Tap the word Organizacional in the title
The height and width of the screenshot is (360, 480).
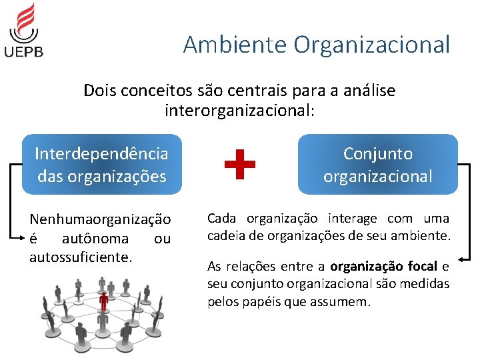pyautogui.click(x=371, y=45)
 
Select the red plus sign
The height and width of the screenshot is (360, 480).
pyautogui.click(x=240, y=165)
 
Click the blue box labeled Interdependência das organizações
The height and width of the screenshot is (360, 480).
pyautogui.click(x=101, y=165)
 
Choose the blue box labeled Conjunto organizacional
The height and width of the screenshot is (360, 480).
pyautogui.click(x=377, y=165)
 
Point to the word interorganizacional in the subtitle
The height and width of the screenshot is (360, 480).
pyautogui.click(x=239, y=109)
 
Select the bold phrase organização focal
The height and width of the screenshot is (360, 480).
pyautogui.click(x=383, y=267)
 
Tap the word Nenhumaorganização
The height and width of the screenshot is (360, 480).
pyautogui.click(x=100, y=219)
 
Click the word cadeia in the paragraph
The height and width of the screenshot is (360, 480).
pyautogui.click(x=225, y=235)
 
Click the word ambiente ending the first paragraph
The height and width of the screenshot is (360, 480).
pyautogui.click(x=425, y=235)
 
